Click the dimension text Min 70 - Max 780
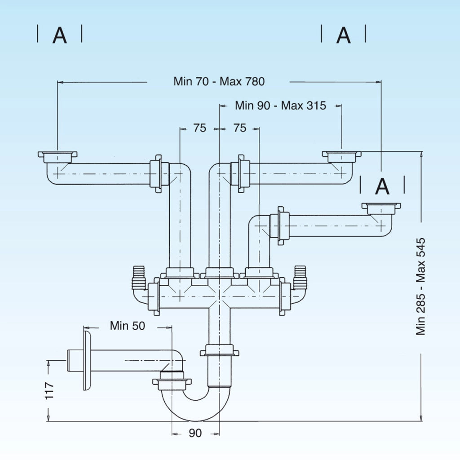(219, 82)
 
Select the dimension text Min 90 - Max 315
(280, 106)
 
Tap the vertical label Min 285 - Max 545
(420, 286)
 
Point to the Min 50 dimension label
(127, 326)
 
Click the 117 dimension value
(49, 390)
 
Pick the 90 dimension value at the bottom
(195, 433)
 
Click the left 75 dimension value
(199, 128)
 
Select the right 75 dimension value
(240, 128)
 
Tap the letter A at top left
(60, 35)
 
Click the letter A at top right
(344, 35)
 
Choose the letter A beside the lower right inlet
(382, 186)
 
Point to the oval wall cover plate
(87, 361)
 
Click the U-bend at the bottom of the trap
(196, 406)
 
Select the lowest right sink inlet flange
(381, 208)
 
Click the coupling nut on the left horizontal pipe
(156, 174)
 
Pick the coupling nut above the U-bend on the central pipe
(219, 350)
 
